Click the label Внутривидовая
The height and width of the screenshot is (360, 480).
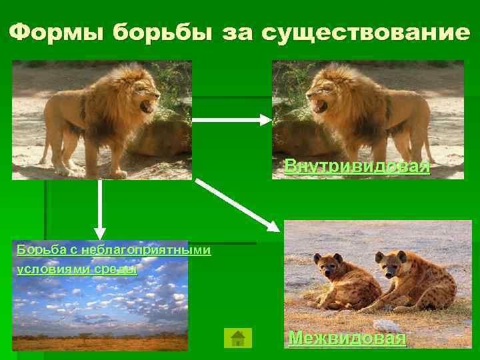357,165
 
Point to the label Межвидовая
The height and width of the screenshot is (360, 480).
347,338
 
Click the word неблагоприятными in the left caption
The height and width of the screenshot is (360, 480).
147,250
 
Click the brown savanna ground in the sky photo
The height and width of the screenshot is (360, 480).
100,343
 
